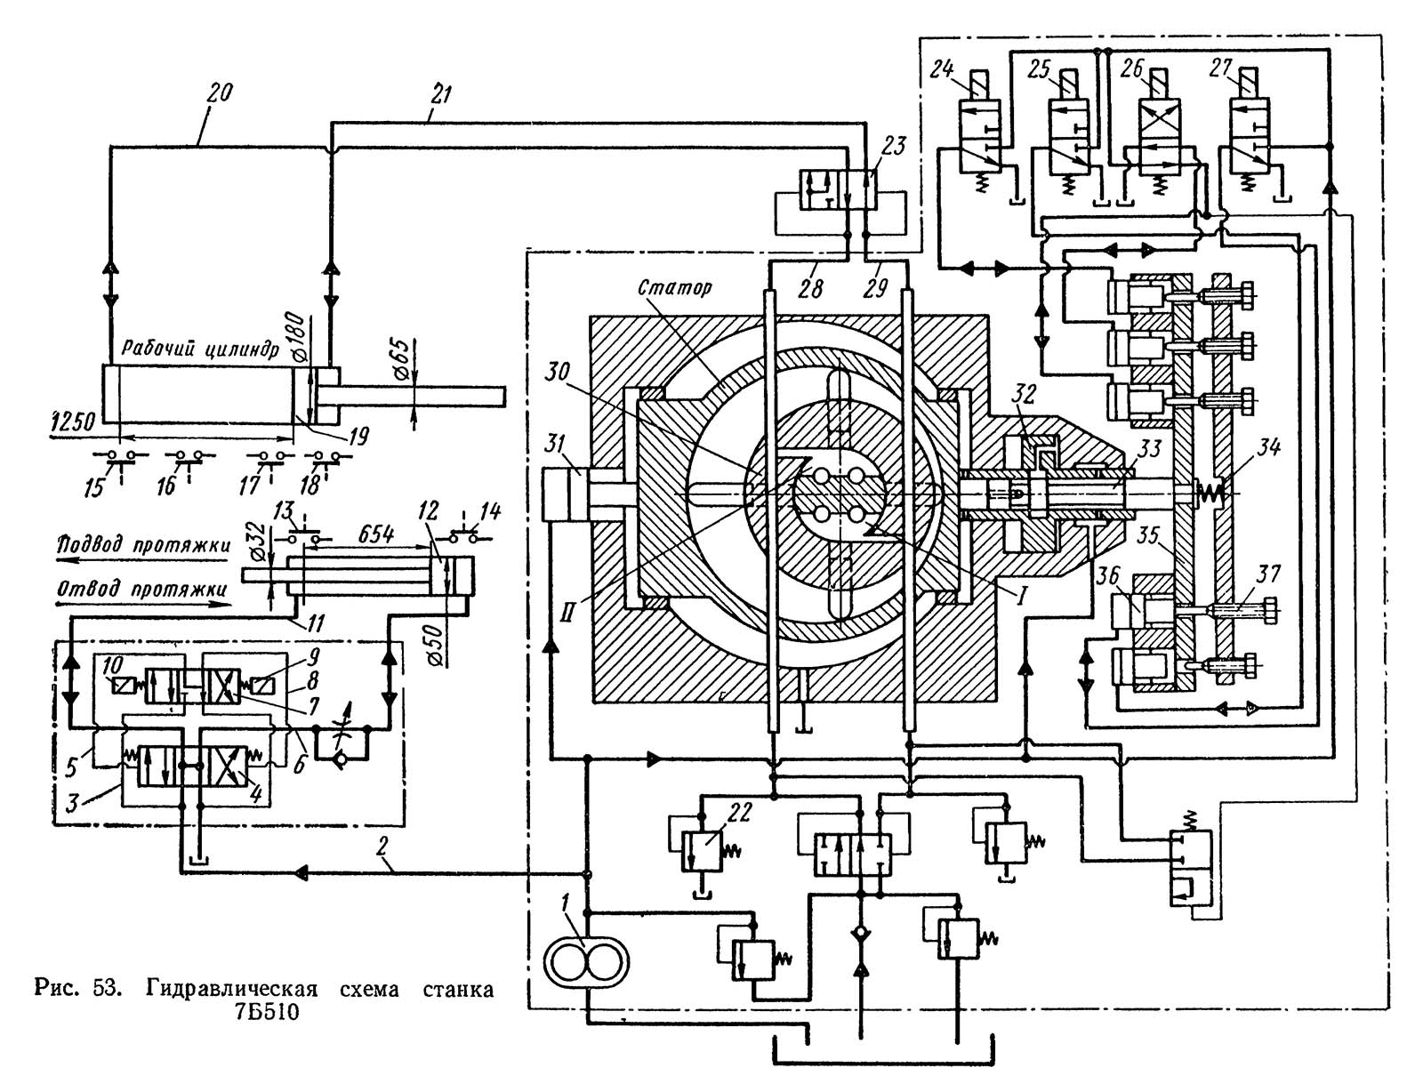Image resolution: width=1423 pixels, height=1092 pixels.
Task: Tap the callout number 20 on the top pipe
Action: [218, 92]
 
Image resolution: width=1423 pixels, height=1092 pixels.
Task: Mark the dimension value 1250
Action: [74, 422]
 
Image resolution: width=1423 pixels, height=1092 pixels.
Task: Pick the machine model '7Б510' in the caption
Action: [264, 1010]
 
